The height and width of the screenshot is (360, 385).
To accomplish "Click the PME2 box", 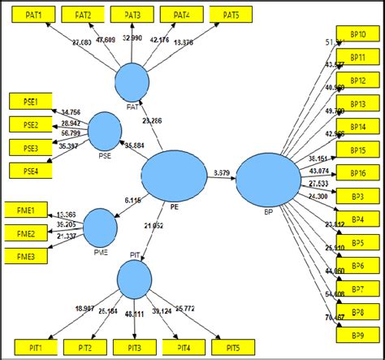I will (24, 232).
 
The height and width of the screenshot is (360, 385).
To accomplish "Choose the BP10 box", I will (357, 34).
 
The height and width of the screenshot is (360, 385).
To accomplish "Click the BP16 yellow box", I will (357, 174).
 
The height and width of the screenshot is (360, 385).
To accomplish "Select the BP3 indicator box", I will (357, 197).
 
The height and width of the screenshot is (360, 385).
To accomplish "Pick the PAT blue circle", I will (132, 83).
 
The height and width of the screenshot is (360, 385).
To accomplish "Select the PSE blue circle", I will (104, 130).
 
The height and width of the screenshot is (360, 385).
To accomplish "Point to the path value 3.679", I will (221, 172).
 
